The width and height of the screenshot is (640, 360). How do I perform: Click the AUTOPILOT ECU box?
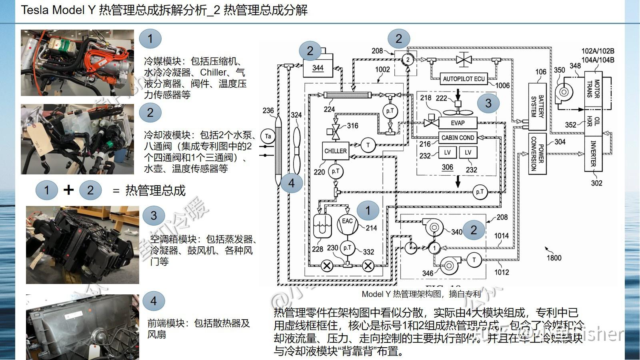464,79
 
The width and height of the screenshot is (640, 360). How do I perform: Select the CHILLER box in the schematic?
335,151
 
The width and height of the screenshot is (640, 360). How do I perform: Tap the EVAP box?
458,123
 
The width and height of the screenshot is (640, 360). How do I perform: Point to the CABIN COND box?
458,138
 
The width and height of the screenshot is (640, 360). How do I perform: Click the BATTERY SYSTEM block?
537,106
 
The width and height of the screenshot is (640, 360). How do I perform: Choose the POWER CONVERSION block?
537,154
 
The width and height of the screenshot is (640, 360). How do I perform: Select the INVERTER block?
593,154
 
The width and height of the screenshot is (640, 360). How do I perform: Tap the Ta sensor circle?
268,136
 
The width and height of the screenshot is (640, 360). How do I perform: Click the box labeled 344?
318,68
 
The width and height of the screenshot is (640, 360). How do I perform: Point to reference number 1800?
554,258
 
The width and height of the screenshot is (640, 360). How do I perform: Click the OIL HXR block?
593,122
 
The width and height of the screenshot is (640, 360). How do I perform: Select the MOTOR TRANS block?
593,89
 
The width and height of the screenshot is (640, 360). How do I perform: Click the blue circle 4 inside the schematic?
291,183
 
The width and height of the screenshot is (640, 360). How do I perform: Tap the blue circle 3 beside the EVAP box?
488,103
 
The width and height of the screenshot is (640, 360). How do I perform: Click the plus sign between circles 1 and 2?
68,190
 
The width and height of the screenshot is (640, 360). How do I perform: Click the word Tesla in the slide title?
35,10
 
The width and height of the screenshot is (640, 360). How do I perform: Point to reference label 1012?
502,272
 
